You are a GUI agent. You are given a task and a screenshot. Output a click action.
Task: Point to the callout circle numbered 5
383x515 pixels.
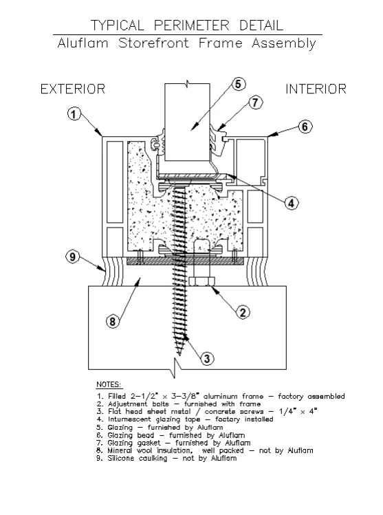point(238,84)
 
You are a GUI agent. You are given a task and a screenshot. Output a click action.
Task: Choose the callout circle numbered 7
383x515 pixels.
point(255,103)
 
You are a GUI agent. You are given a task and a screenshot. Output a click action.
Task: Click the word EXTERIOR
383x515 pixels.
point(72,89)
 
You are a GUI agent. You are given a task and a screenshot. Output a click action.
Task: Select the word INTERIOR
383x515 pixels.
point(316,89)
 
